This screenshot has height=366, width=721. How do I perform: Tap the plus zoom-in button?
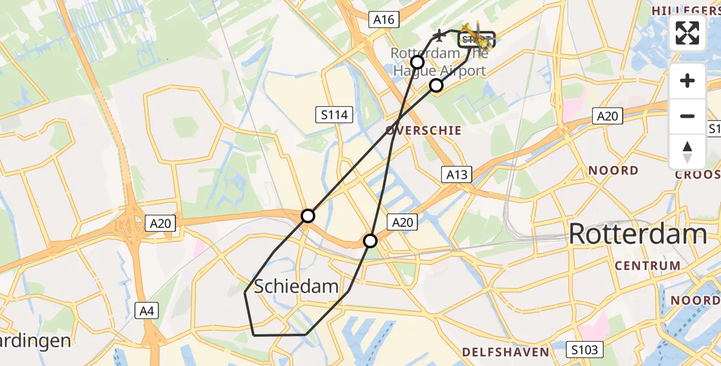(687, 81)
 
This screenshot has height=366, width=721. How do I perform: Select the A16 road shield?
(384, 20)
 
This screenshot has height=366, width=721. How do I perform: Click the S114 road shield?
(334, 114)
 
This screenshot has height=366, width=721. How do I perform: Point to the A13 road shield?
(456, 175)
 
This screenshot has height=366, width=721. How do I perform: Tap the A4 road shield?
(147, 312)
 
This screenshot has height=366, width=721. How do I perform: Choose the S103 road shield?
(585, 350)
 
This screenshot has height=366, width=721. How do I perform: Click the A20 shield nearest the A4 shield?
(161, 224)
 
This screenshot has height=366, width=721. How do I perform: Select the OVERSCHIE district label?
(423, 131)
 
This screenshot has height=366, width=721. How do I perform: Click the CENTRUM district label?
(647, 266)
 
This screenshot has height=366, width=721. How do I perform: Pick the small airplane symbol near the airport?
(439, 34)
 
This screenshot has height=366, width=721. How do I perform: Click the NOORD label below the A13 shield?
(613, 171)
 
